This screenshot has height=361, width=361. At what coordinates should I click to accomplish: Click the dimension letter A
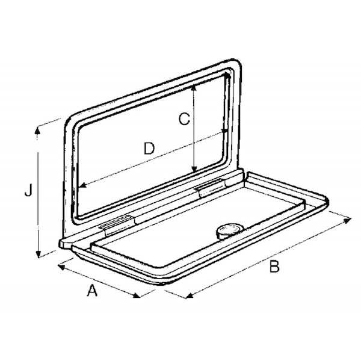92,290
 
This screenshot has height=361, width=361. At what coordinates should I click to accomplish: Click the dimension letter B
274,267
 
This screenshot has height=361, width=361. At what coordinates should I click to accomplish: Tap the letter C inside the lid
185,119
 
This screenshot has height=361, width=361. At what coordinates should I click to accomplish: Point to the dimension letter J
28,190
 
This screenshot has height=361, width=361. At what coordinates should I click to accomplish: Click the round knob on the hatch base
229,231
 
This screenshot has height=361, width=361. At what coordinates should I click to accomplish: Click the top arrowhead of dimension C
194,88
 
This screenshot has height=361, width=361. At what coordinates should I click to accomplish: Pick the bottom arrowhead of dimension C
194,169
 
